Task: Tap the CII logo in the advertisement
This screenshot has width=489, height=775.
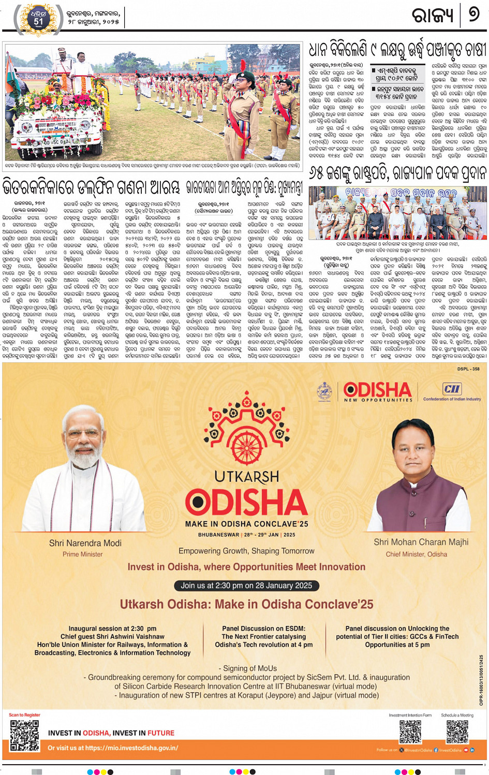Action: pyautogui.click(x=451, y=389)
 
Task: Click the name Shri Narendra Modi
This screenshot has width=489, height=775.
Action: pyautogui.click(x=85, y=543)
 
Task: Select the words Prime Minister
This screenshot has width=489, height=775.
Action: pyautogui.click(x=83, y=554)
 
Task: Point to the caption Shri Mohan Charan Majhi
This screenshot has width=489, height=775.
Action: pyautogui.click(x=421, y=542)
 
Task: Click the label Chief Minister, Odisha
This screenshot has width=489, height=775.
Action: pyautogui.click(x=416, y=554)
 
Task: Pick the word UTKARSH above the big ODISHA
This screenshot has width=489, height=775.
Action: pyautogui.click(x=247, y=477)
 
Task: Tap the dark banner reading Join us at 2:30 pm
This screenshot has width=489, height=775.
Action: pyautogui.click(x=246, y=586)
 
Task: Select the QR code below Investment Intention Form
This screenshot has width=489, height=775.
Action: pyautogui.click(x=410, y=732)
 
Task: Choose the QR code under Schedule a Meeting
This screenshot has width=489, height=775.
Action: pyautogui.click(x=457, y=732)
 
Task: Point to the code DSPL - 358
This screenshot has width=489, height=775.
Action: pyautogui.click(x=468, y=369)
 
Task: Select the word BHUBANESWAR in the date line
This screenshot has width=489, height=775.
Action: pyautogui.click(x=218, y=535)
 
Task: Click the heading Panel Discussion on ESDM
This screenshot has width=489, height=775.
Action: pyautogui.click(x=263, y=628)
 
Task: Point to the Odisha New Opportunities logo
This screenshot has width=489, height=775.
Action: pyautogui.click(x=377, y=392)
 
